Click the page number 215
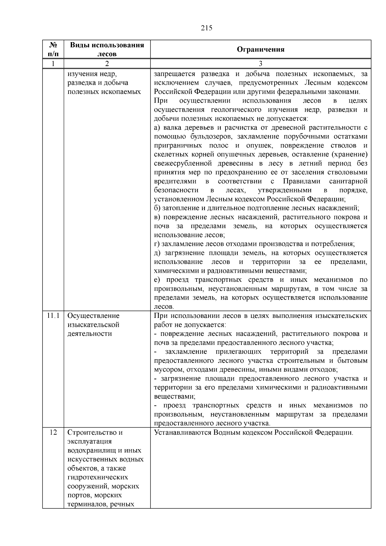click(207, 28)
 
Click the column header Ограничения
click(261, 49)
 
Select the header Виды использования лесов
click(107, 49)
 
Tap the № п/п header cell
click(53, 49)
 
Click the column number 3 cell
click(261, 63)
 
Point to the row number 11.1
click(53, 316)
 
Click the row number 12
click(53, 432)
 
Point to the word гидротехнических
click(98, 477)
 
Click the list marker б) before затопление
click(157, 208)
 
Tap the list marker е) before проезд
click(157, 280)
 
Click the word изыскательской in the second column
click(93, 325)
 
